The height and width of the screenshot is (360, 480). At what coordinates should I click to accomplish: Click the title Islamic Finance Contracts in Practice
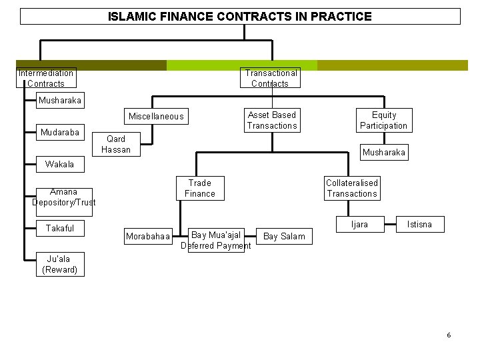click(240, 16)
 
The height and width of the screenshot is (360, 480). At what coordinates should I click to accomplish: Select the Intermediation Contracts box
click(46, 78)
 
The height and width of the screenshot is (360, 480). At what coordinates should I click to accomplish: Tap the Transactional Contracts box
click(271, 78)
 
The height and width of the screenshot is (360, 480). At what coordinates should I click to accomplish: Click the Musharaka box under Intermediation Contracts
click(60, 101)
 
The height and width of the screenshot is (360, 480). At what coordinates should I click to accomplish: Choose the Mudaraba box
click(60, 132)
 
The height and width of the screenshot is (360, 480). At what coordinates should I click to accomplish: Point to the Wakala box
click(60, 164)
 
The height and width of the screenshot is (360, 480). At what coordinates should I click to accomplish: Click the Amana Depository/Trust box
click(63, 197)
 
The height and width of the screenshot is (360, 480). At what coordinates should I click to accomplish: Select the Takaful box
click(60, 228)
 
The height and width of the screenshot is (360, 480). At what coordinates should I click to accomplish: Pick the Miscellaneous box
click(156, 117)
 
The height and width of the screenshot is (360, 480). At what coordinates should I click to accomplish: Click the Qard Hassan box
click(116, 144)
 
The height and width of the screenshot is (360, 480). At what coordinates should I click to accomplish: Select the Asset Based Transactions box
click(271, 120)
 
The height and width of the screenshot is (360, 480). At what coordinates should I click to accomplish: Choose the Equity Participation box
click(383, 120)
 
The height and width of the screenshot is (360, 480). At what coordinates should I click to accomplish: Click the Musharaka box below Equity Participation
click(383, 153)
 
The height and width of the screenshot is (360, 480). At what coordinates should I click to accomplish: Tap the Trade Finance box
click(200, 188)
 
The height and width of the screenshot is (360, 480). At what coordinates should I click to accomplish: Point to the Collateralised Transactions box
click(351, 188)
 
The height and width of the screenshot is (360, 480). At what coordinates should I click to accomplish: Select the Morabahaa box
click(148, 237)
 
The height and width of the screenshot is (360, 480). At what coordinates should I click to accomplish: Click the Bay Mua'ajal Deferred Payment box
click(216, 240)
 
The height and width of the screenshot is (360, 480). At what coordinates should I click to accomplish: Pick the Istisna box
click(419, 225)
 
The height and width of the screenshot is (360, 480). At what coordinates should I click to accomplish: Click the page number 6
click(449, 335)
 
